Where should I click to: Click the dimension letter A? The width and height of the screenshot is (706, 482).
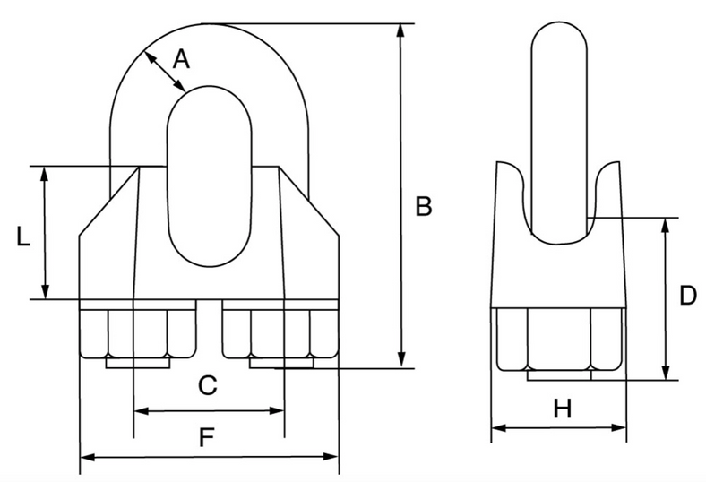[x=181, y=59]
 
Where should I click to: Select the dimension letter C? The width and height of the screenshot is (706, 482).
[x=207, y=386]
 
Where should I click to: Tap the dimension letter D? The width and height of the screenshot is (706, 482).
[x=686, y=296]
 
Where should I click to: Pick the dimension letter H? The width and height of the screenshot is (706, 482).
[x=562, y=409]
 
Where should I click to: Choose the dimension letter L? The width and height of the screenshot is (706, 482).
[x=24, y=237]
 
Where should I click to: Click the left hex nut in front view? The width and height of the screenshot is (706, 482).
[x=137, y=333]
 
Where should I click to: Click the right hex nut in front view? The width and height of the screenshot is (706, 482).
[x=280, y=333]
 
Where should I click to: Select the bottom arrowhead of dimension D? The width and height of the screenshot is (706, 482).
[x=665, y=374]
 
